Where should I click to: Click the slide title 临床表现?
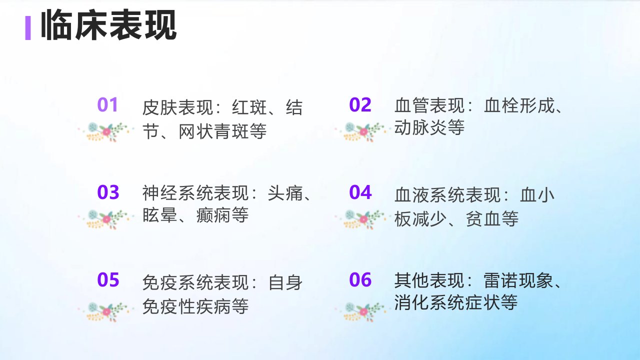click(x=108, y=24)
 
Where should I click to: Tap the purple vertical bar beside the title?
click(x=28, y=28)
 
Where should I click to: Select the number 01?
click(x=107, y=104)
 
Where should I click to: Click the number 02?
click(x=360, y=104)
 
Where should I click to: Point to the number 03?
click(x=108, y=192)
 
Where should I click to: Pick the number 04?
click(x=360, y=192)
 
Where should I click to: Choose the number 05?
click(x=108, y=279)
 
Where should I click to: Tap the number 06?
click(x=360, y=279)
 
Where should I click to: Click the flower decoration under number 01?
click(x=105, y=132)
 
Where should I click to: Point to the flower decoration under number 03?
click(x=105, y=219)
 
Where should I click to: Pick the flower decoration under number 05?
click(x=105, y=312)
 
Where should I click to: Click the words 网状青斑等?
click(x=222, y=131)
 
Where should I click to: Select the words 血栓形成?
click(x=519, y=105)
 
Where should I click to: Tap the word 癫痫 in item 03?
click(x=213, y=215)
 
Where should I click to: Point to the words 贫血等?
click(x=492, y=219)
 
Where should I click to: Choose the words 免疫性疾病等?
click(x=195, y=306)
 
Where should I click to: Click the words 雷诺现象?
click(x=519, y=280)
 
